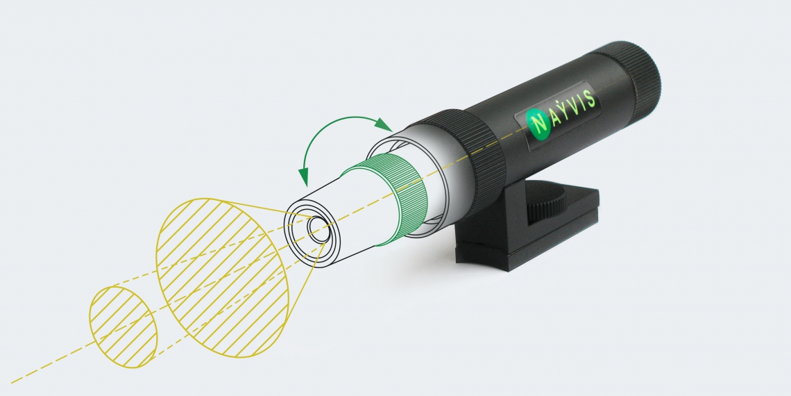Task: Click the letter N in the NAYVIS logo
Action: point(538,124)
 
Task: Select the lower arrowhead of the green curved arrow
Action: point(304,176)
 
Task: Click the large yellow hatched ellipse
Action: point(223,277)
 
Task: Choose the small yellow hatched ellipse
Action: point(124,327)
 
